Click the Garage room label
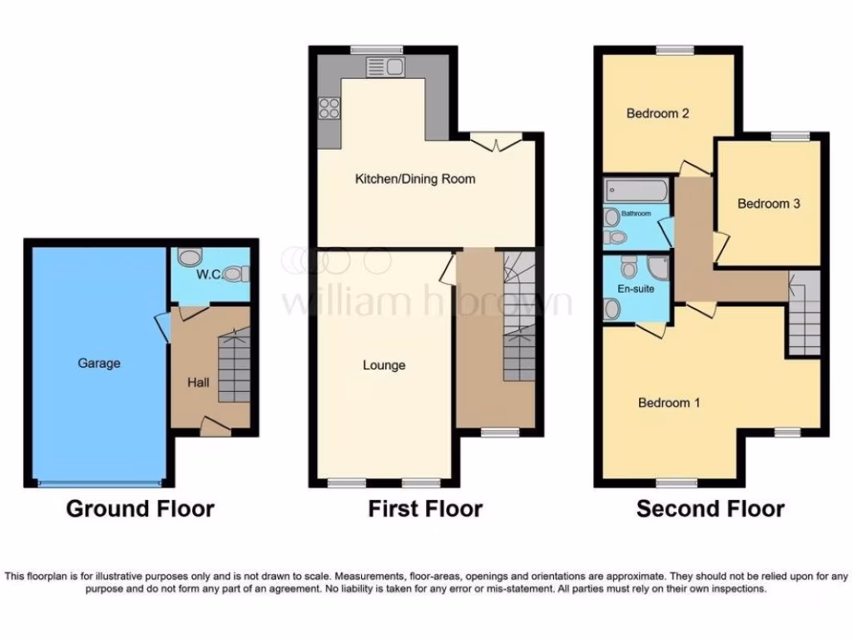click(x=99, y=363)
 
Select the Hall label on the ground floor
click(x=198, y=383)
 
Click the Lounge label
click(x=384, y=365)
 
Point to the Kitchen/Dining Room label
click(x=415, y=179)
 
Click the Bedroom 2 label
click(x=657, y=113)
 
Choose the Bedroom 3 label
click(x=769, y=203)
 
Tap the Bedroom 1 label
click(x=669, y=403)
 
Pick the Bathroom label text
click(x=637, y=214)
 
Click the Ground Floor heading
click(x=140, y=508)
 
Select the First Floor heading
click(x=425, y=508)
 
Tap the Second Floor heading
click(x=710, y=508)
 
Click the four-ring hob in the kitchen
click(x=328, y=107)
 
